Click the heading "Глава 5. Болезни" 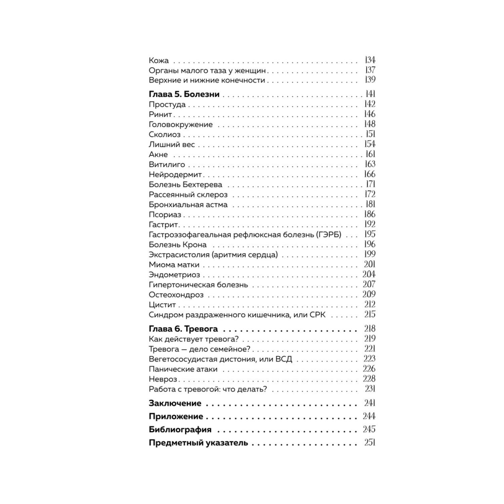point(184,94)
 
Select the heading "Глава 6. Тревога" point(183,329)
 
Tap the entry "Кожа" point(159,61)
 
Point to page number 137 point(370,70)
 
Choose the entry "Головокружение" point(180,125)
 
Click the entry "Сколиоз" point(164,135)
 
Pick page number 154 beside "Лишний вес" point(370,144)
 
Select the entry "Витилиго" point(167,165)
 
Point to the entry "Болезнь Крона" point(177,245)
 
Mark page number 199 point(370,254)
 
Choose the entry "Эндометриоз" point(174,275)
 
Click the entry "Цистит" point(162,305)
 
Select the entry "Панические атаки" point(183,369)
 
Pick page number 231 point(370,389)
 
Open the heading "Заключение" point(175,403)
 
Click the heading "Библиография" point(180,430)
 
